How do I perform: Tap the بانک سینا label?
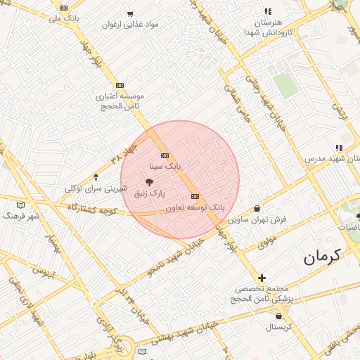pos(165,167)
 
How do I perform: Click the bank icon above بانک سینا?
pos(165,155)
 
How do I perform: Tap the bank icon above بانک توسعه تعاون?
pos(195,196)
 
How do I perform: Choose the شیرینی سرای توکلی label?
pos(96,188)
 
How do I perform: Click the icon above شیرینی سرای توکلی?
pos(96,176)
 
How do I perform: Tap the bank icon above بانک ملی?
pos(64,8)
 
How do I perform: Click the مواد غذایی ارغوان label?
pos(130,25)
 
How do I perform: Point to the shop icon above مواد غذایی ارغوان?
pos(130,13)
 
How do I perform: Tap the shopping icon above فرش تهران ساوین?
pos(257,208)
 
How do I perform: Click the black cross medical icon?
pos(262,278)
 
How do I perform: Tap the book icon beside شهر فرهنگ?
pos(20,205)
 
